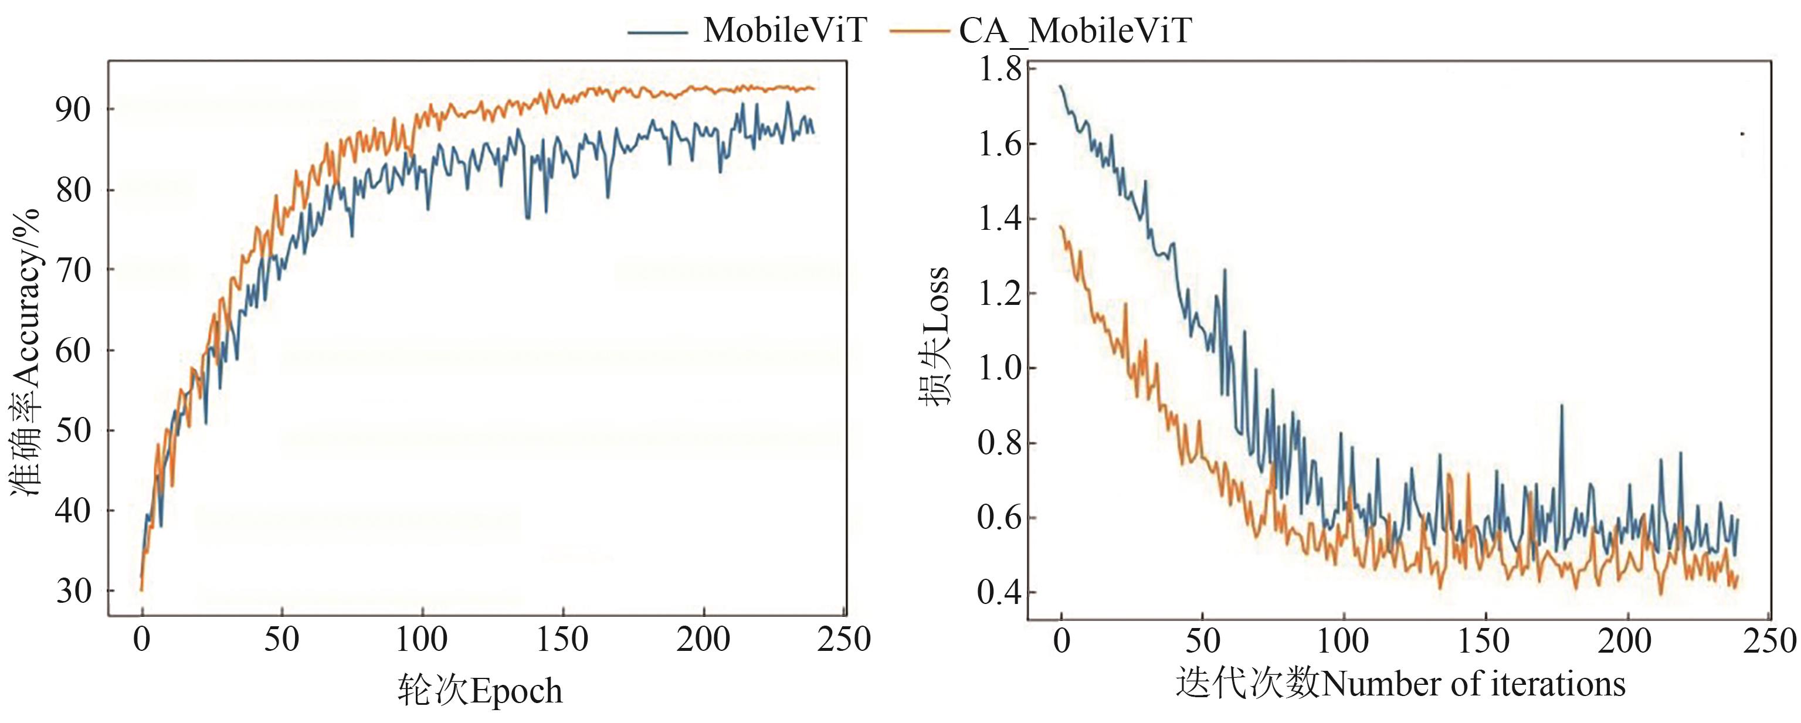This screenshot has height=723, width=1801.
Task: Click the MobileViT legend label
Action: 785,30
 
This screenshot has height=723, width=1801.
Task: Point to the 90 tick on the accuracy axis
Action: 73,110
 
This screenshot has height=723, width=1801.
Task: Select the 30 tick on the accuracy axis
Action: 73,592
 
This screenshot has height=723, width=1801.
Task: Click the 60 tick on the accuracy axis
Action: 73,350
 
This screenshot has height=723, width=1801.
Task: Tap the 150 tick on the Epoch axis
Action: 562,640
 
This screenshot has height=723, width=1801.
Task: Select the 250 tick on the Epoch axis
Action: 844,640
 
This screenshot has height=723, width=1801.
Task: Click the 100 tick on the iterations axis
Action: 1343,641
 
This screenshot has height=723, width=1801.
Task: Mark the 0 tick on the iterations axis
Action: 1061,641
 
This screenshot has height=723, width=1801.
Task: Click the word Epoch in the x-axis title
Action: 517,691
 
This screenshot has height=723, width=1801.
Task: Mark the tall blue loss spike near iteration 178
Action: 1562,406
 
